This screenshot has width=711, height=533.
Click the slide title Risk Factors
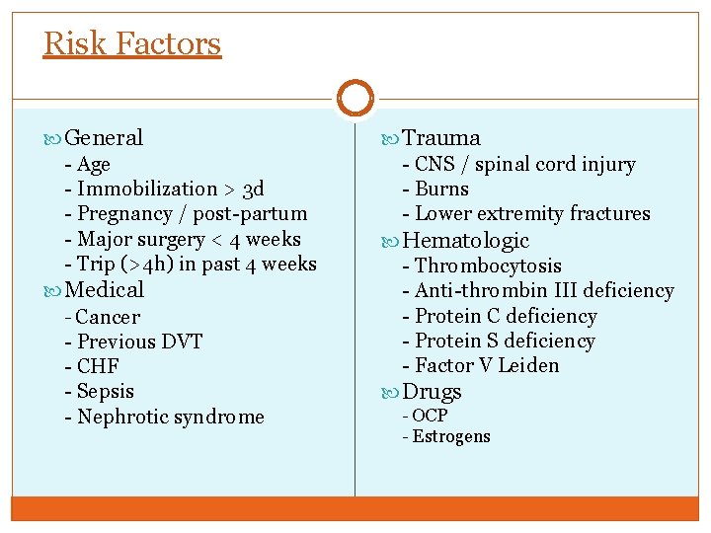[132, 43]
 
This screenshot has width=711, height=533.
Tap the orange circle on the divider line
[355, 98]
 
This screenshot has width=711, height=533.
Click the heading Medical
[105, 289]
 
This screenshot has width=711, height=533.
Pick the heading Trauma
[441, 138]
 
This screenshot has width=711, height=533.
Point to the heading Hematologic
[466, 241]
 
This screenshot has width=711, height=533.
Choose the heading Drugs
[432, 392]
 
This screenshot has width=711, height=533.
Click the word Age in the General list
[94, 165]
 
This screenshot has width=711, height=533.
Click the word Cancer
[108, 317]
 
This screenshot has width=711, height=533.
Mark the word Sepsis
[106, 391]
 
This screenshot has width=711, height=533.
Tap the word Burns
[442, 189]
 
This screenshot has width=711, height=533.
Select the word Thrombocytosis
[488, 266]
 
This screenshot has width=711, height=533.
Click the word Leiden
[529, 365]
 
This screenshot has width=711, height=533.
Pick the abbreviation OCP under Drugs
[430, 416]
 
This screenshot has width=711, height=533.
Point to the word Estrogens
[451, 436]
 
